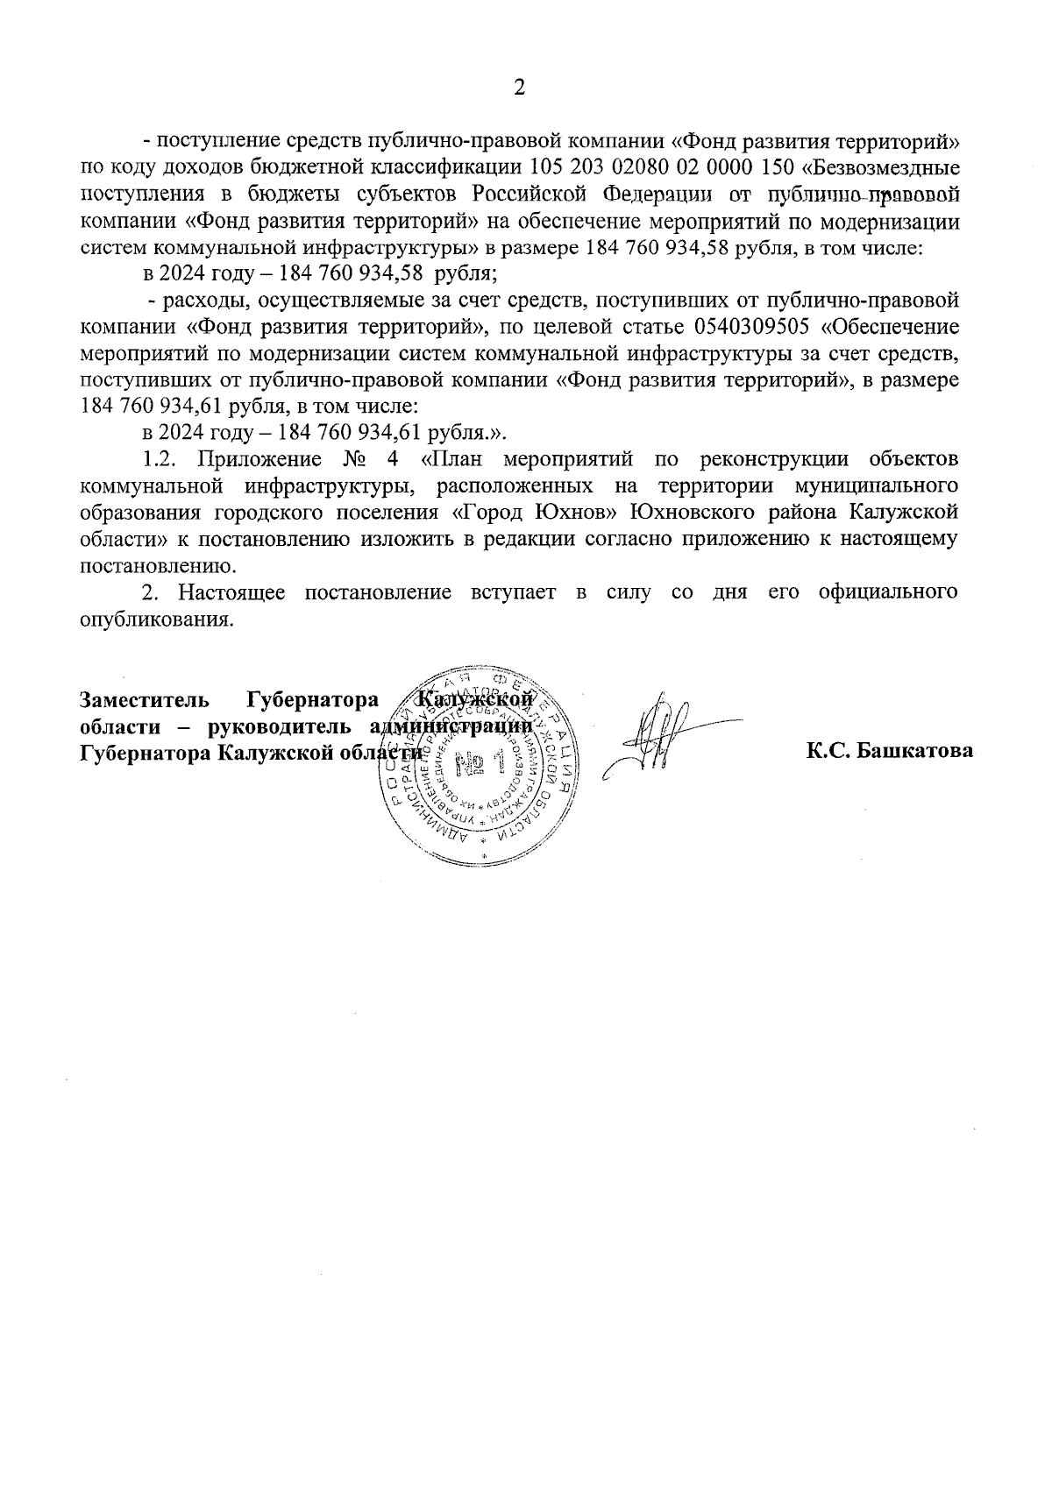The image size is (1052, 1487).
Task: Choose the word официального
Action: [x=886, y=592]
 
